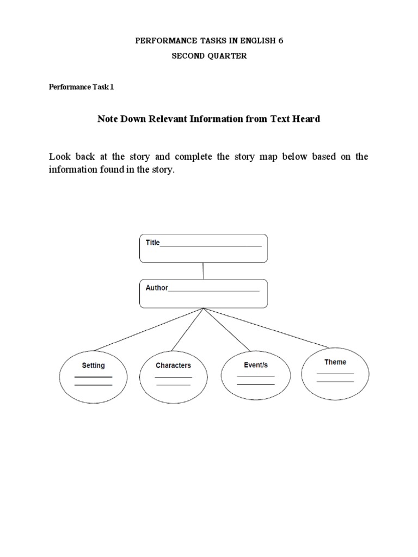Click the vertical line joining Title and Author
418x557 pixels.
coord(204,271)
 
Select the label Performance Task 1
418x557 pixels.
coord(82,86)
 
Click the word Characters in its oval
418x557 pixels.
coord(173,366)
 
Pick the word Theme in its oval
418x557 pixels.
coord(335,362)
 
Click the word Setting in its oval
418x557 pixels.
coord(93,366)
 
